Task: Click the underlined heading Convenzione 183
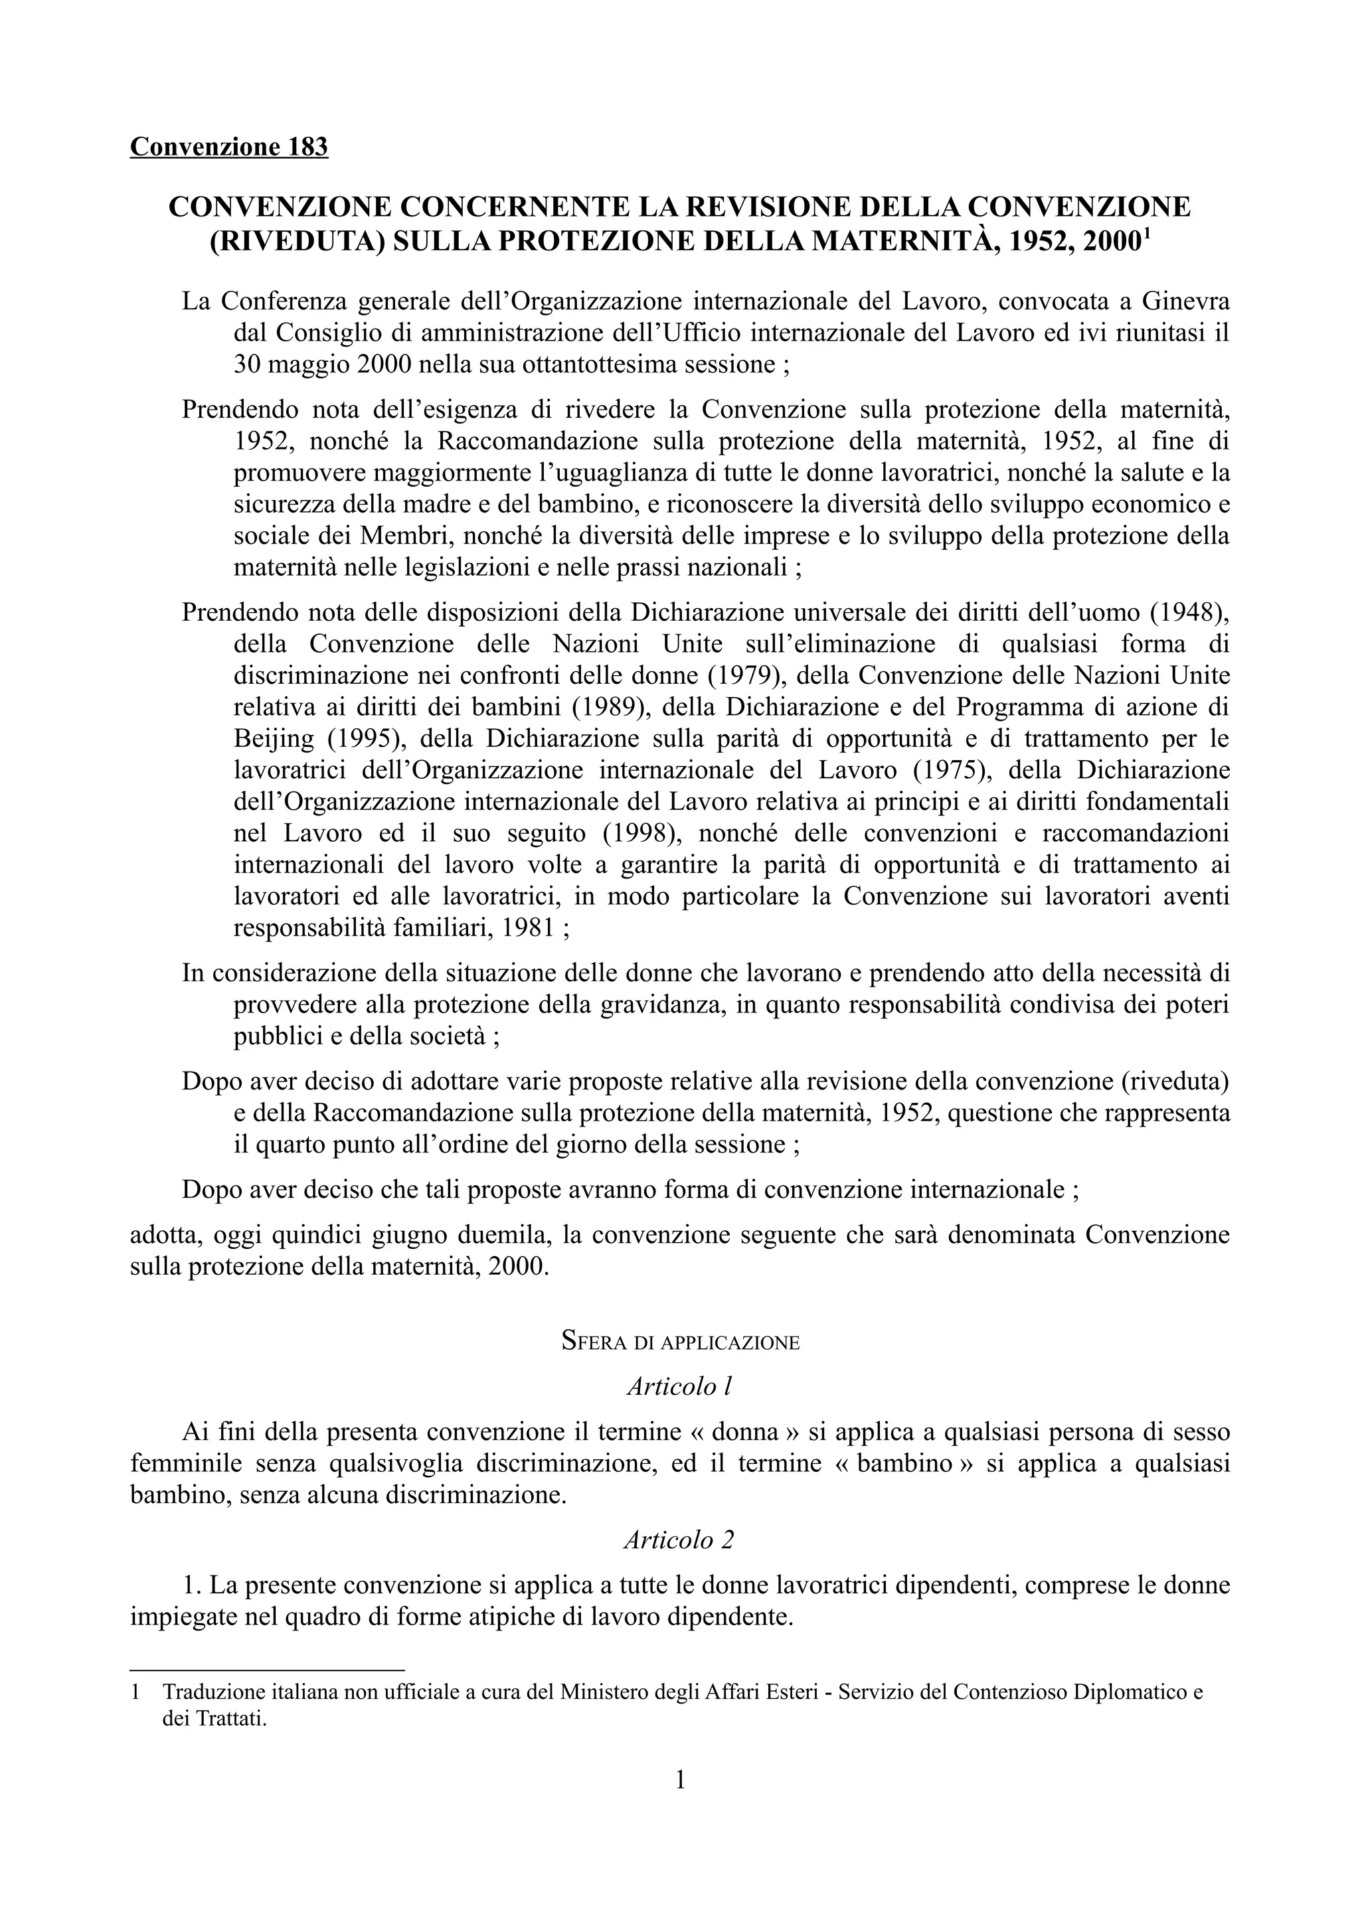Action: point(228,147)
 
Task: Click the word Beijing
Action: point(274,739)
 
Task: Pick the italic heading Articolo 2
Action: point(679,1540)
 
